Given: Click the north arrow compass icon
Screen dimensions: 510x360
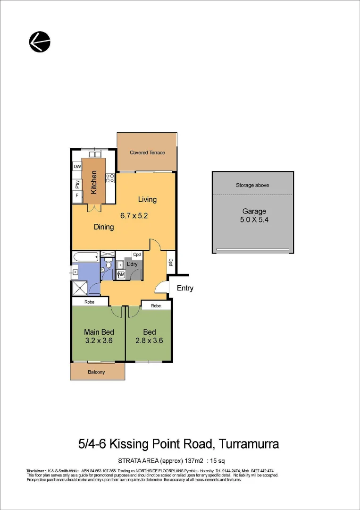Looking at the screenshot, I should [40, 42].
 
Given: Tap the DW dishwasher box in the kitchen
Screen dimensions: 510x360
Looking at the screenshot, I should [77, 167].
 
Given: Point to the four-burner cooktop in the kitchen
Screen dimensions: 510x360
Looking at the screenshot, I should [109, 178].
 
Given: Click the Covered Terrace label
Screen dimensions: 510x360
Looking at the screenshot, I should [147, 153].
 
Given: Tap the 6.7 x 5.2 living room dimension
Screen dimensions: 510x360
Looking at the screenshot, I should [134, 216].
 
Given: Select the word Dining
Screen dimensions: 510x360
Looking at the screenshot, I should [104, 227].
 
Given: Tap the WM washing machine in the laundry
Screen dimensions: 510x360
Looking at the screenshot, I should [121, 274].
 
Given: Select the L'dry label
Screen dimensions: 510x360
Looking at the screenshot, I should [132, 264].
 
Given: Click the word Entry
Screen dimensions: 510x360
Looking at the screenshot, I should [185, 288].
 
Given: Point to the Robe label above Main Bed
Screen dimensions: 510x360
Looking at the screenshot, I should [90, 302].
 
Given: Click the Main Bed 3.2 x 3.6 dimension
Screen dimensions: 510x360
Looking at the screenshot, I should [99, 340].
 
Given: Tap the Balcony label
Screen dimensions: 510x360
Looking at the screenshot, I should [97, 372].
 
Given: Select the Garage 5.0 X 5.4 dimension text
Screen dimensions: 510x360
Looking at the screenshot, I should [254, 220].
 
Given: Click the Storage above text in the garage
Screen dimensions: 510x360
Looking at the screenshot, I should [252, 185].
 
